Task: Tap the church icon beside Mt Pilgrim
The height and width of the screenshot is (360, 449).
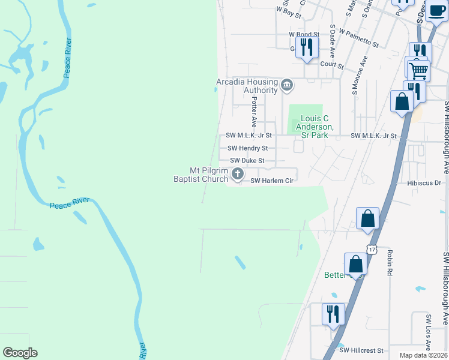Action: pos(238,175)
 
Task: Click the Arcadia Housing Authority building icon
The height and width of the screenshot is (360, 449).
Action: pos(287,85)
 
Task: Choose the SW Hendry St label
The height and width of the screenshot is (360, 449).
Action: pos(247,148)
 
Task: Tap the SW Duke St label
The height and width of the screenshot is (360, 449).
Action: pos(247,161)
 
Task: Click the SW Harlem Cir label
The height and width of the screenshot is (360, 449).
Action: pos(271,181)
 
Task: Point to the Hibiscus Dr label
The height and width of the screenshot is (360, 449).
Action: pos(424,182)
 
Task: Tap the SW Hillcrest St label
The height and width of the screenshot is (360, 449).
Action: pos(361,350)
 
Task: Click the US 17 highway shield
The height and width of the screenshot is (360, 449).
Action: pos(372,249)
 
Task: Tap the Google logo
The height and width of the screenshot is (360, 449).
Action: pos(20,353)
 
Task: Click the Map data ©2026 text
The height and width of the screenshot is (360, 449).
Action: pos(424,355)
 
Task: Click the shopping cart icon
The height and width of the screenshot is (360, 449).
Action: pos(418,71)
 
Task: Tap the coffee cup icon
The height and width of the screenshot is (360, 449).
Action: pos(436,10)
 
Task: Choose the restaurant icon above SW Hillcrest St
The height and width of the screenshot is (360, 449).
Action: pos(332,314)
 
